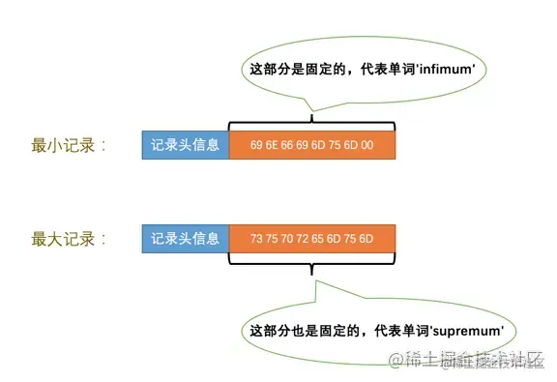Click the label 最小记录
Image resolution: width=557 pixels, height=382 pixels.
(60, 146)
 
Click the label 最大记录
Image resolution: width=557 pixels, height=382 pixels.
(60, 237)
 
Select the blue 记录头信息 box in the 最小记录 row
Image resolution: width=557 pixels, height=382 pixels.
(186, 146)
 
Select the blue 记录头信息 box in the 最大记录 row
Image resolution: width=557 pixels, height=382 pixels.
(186, 237)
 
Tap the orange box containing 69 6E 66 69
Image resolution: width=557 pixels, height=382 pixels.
(312, 146)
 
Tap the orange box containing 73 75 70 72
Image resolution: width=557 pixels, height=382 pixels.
(312, 237)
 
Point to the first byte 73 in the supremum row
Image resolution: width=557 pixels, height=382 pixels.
(255, 238)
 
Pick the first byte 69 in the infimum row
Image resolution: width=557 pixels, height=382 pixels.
(255, 146)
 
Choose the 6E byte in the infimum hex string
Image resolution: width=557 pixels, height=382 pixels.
(272, 146)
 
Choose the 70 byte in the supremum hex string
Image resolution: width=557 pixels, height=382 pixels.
(287, 238)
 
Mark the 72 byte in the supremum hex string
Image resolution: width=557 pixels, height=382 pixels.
(303, 238)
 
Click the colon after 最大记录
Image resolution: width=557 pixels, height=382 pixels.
(103, 238)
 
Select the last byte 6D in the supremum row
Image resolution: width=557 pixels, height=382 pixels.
(366, 238)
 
